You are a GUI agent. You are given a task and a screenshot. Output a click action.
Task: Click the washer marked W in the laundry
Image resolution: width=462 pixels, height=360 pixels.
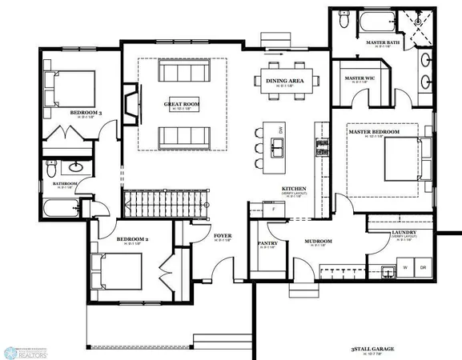click(x=405, y=267)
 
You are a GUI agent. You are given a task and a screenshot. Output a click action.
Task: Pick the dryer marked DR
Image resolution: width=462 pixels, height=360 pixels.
click(x=423, y=267)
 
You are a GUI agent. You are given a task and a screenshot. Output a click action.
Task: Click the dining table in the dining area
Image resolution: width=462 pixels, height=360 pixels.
click(x=285, y=79)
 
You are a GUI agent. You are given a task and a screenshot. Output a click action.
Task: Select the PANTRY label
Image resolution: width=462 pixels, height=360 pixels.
click(x=267, y=243)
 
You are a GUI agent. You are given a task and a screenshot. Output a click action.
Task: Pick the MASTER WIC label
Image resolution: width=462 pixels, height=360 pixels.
click(x=360, y=78)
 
